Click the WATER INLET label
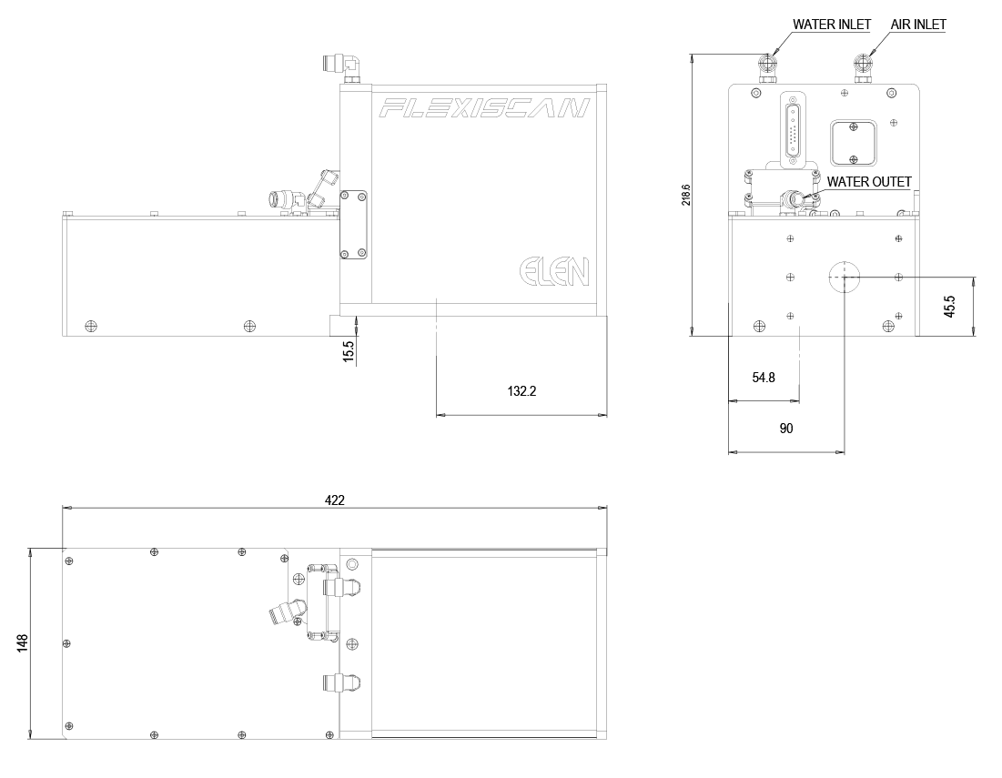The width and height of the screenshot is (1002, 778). tap(832, 25)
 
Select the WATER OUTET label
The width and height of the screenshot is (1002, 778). tap(868, 182)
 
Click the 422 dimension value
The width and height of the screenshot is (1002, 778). tap(335, 500)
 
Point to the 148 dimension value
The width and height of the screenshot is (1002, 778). tap(23, 643)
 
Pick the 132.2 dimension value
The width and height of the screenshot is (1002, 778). tap(521, 392)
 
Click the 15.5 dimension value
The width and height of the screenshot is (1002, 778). tap(348, 350)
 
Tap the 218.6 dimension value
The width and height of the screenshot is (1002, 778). tap(686, 195)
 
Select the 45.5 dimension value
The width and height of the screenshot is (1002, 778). tap(949, 306)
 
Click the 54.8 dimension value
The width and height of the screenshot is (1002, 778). tap(764, 377)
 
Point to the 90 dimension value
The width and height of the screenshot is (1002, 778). tap(786, 428)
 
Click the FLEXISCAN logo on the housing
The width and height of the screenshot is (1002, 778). tap(484, 109)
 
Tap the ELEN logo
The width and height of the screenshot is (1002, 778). tap(554, 271)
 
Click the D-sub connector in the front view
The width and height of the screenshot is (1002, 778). tap(792, 130)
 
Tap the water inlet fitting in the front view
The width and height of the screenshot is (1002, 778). tap(766, 66)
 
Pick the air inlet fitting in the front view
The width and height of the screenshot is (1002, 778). tap(862, 66)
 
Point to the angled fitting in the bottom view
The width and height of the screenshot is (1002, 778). tap(284, 612)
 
